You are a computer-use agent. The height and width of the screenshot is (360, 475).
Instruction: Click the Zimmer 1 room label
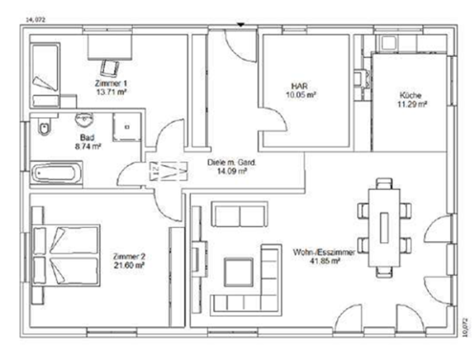112,82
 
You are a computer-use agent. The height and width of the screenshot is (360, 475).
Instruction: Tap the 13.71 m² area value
112,92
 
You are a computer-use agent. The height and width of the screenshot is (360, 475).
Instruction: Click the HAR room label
299,85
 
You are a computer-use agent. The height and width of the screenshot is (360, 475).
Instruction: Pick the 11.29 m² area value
411,104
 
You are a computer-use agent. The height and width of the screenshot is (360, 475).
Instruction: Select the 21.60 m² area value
128,266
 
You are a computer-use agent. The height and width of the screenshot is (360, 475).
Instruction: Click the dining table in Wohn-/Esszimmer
384,225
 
